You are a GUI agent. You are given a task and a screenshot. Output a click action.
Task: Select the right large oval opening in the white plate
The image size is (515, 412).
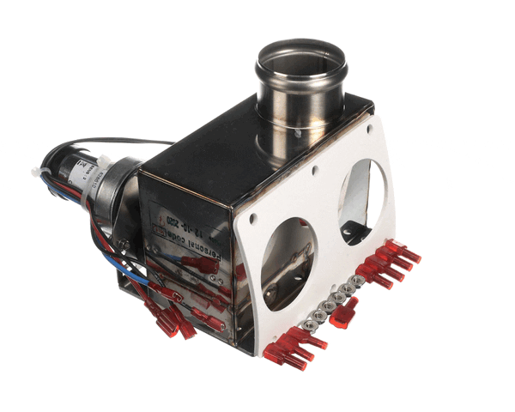tap(363, 201)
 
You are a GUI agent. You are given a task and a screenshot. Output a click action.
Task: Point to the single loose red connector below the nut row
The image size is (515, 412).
tap(345, 313)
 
